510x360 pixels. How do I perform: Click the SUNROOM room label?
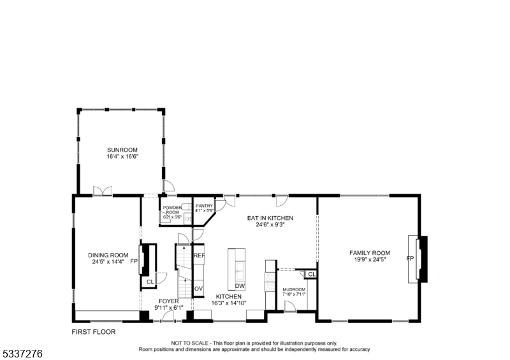(122, 150)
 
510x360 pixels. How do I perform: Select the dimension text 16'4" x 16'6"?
(122, 156)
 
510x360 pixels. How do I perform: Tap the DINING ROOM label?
(108, 255)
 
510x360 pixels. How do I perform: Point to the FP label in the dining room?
(134, 261)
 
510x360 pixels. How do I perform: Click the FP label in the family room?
(410, 259)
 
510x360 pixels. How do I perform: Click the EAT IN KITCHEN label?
(270, 218)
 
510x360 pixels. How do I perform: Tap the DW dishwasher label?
(240, 285)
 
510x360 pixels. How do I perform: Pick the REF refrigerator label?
(200, 256)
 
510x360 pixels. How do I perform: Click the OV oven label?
(198, 289)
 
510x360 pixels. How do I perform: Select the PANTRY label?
(204, 206)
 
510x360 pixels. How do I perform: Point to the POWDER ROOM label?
(172, 210)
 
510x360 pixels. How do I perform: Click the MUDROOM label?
(294, 290)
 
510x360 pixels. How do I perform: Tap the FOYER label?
(169, 301)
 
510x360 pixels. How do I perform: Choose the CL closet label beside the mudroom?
(311, 275)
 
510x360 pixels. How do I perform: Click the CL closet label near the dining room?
(150, 282)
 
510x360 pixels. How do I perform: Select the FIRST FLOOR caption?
(94, 332)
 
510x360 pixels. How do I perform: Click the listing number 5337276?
(22, 352)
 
